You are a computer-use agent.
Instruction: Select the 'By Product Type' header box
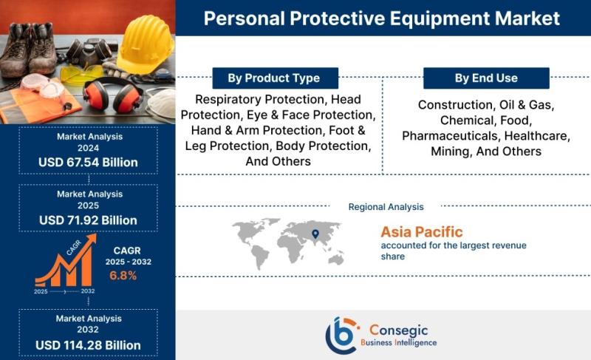coord(275,78)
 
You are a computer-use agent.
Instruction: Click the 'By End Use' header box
coord(486,78)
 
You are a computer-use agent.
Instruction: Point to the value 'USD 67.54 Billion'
coord(88,163)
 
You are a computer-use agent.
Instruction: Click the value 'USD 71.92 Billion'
coord(88,220)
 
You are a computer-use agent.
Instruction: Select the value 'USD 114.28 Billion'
coord(88,345)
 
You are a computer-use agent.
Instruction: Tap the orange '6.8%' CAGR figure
coord(123,276)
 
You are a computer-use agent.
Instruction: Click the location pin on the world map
coord(315,234)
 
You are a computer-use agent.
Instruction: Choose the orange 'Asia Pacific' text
coord(421,232)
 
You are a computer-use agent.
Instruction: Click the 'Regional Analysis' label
coord(386,207)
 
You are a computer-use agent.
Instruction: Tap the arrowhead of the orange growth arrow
coord(92,239)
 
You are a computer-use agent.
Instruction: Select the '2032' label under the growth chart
coord(88,291)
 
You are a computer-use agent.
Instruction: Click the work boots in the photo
coord(29,48)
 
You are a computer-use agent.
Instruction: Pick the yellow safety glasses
coord(81,75)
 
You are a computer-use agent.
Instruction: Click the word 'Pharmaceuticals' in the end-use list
coord(450,136)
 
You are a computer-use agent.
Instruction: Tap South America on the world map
coord(260,257)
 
